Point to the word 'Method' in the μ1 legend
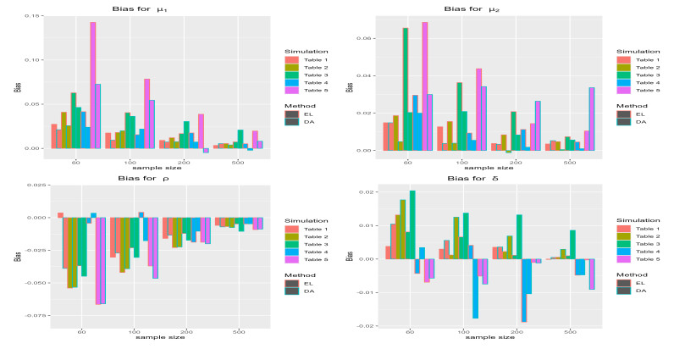[x=296, y=105]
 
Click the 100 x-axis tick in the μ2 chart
[x=464, y=163]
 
